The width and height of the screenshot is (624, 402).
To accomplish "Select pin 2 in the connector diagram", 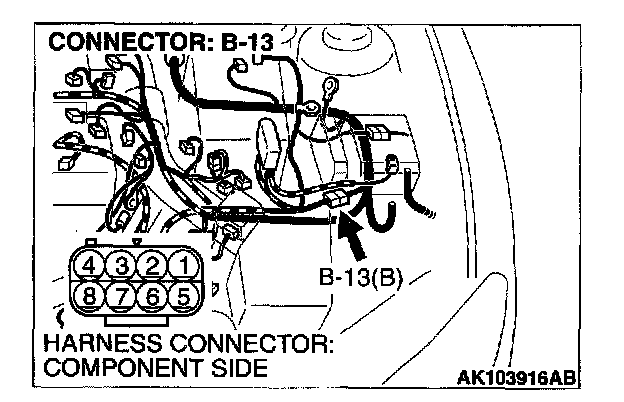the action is click(x=152, y=266).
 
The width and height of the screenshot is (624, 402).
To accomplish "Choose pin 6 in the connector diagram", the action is click(x=152, y=297).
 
